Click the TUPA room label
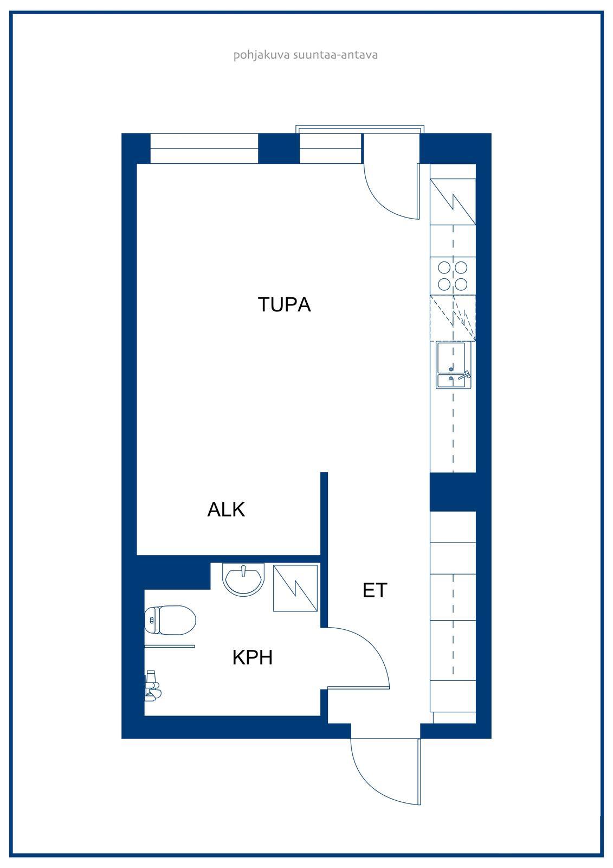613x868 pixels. (x=284, y=304)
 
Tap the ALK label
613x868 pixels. (x=226, y=509)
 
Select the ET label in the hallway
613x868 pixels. (x=375, y=590)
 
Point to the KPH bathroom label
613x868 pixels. (x=253, y=657)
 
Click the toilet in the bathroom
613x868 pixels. (x=170, y=620)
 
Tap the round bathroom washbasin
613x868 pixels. (x=243, y=579)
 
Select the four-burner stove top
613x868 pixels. (x=453, y=276)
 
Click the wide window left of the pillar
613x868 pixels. (x=204, y=149)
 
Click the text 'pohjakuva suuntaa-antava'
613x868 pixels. (x=306, y=55)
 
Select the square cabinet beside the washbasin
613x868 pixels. (x=295, y=588)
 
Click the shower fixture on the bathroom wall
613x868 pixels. (x=152, y=686)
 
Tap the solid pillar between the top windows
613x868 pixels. (x=279, y=149)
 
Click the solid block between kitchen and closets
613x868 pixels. (x=453, y=492)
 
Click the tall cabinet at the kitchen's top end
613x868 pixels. (x=453, y=202)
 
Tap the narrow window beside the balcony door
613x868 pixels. (x=331, y=149)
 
